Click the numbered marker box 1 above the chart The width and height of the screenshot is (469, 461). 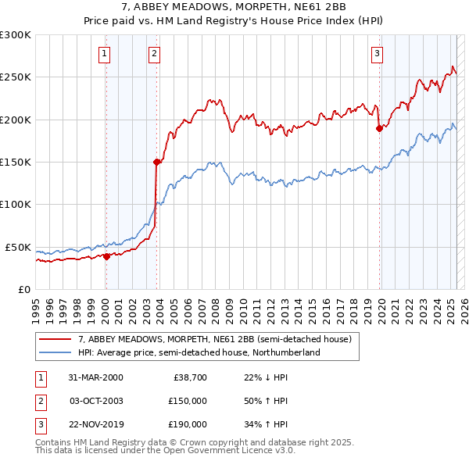tap(105, 54)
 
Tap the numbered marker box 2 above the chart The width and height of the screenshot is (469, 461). tap(155, 54)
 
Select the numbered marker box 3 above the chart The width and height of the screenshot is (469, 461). tap(377, 54)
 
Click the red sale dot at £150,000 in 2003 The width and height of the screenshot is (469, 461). tap(157, 162)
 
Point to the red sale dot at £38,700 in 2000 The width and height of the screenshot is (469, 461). tap(107, 256)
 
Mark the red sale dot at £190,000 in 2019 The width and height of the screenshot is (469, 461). tap(380, 128)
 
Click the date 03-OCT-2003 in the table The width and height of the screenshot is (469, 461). tap(95, 402)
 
